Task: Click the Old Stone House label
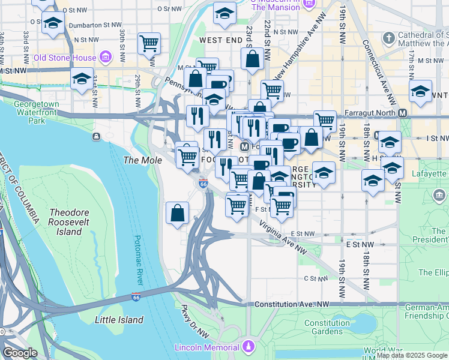tap(64, 58)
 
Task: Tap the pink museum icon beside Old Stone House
tap(106, 58)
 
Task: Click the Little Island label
tap(119, 320)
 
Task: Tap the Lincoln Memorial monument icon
tap(248, 347)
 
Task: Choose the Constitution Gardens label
tap(327, 327)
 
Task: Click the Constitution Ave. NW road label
tap(292, 305)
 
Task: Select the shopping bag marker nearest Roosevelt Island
tap(178, 212)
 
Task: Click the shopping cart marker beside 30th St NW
tap(149, 43)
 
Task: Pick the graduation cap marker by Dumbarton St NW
tap(53, 24)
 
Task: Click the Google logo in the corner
tap(20, 353)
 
